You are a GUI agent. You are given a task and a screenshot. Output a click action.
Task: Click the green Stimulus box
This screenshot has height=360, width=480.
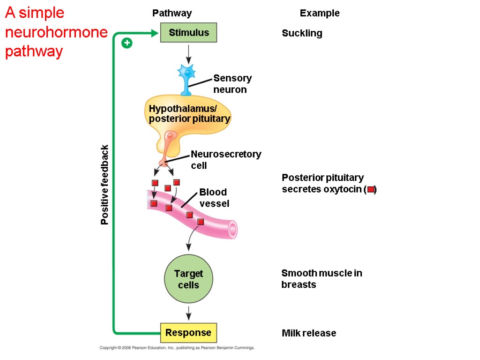pyautogui.click(x=188, y=33)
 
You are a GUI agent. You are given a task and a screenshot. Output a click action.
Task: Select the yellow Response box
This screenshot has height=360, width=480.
pyautogui.click(x=188, y=333)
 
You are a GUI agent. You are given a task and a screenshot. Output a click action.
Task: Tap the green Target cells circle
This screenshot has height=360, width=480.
pyautogui.click(x=188, y=279)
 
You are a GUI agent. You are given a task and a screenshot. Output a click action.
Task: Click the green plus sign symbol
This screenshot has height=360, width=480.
pyautogui.click(x=127, y=43)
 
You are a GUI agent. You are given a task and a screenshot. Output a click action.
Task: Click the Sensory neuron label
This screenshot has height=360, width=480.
pyautogui.click(x=232, y=83)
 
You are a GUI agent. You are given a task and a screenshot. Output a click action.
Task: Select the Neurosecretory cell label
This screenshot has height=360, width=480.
pyautogui.click(x=225, y=159)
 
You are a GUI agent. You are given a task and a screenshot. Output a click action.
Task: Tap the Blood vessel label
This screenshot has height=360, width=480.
pyautogui.click(x=214, y=198)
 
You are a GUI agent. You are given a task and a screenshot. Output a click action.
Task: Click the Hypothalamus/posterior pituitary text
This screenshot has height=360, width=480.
pyautogui.click(x=189, y=114)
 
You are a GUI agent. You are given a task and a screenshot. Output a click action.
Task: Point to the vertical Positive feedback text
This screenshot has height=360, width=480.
pyautogui.click(x=105, y=185)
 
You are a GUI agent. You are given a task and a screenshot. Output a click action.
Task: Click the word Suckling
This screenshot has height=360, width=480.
pyautogui.click(x=302, y=33)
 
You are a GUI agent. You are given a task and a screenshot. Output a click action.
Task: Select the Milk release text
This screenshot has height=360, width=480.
pyautogui.click(x=308, y=333)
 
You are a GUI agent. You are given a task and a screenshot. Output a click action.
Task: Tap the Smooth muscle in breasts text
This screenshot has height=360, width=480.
pyautogui.click(x=321, y=279)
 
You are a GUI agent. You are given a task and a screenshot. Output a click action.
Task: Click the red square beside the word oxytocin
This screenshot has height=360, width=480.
pyautogui.click(x=370, y=190)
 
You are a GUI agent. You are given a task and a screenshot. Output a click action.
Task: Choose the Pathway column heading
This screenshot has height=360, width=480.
pyautogui.click(x=172, y=13)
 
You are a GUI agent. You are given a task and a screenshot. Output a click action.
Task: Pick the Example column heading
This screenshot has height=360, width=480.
pyautogui.click(x=320, y=13)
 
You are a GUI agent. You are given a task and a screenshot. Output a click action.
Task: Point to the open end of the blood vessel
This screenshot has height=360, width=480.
pyautogui.click(x=232, y=230)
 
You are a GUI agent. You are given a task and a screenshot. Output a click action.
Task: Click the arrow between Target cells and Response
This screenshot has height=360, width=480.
pyautogui.click(x=188, y=313)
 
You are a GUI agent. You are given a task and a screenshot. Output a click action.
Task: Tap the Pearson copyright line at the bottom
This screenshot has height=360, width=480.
pyautogui.click(x=177, y=348)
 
